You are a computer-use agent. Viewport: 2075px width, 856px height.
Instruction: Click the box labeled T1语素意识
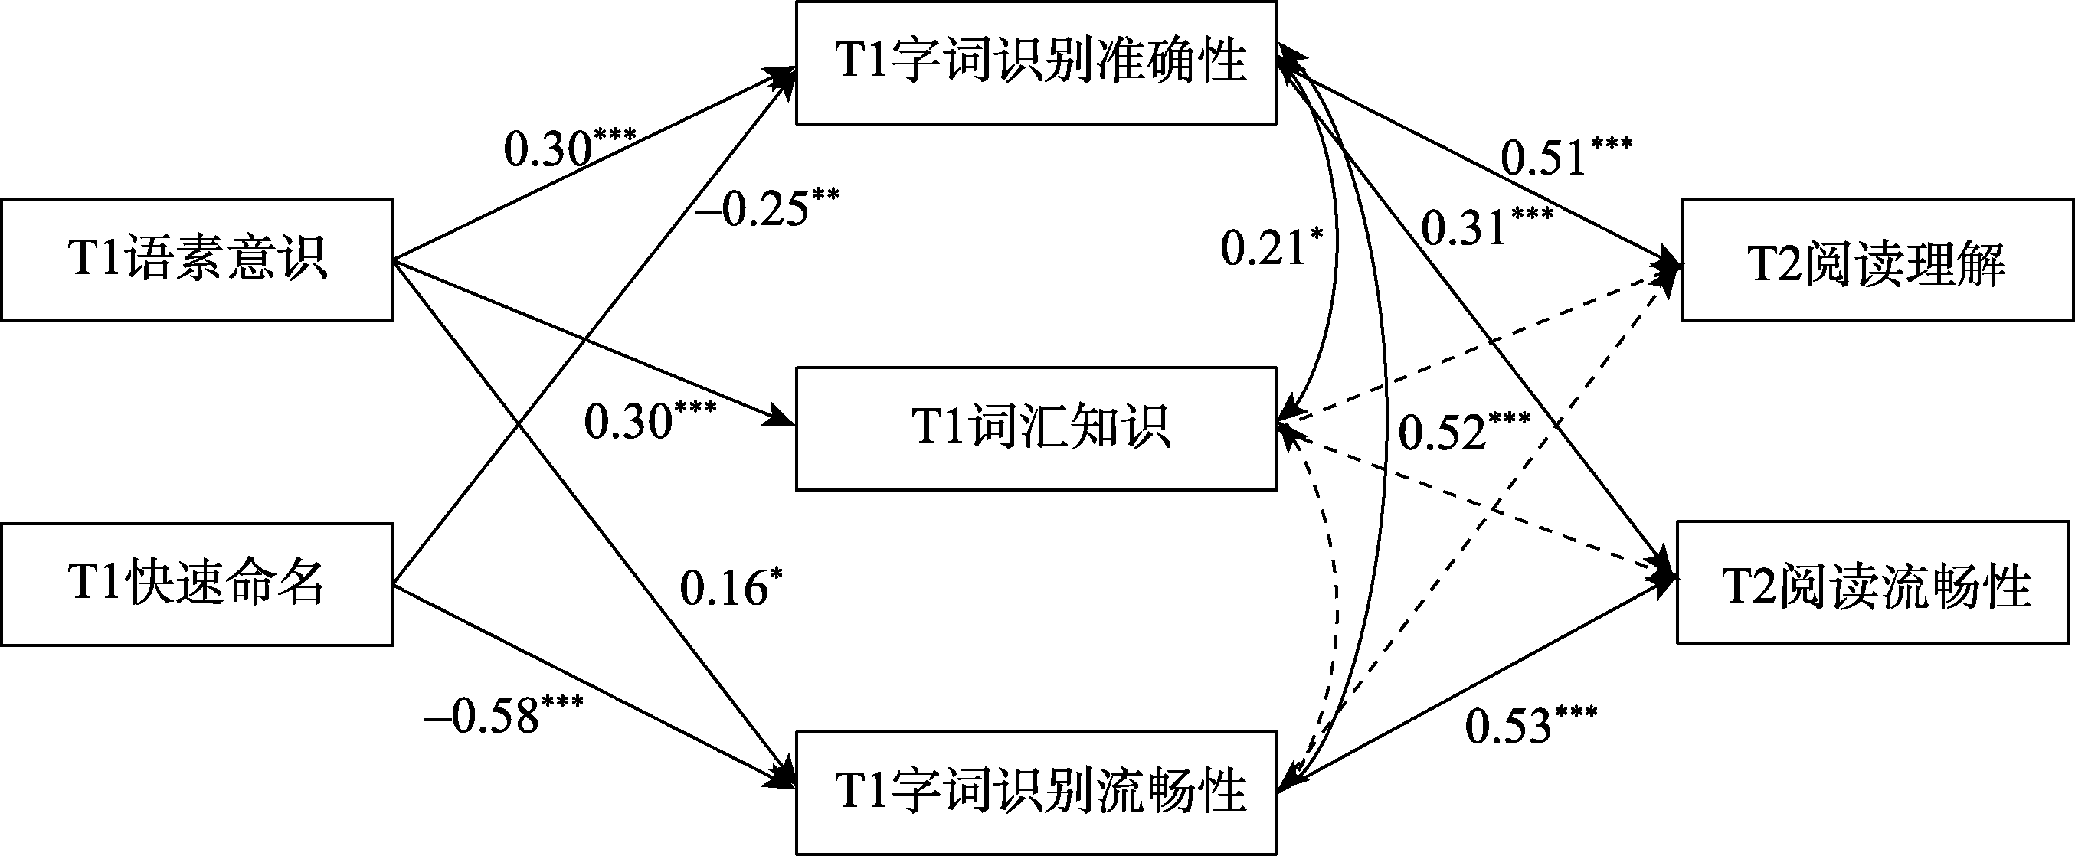(x=197, y=260)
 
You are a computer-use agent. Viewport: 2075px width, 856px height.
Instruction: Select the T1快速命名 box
(x=197, y=584)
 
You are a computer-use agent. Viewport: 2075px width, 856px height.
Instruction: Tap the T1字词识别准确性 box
(x=1036, y=63)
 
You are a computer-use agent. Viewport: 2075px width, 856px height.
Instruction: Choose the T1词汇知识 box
(x=1036, y=429)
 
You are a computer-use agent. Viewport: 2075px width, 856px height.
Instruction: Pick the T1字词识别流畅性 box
(x=1036, y=792)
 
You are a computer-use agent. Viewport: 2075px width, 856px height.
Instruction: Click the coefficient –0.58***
(x=503, y=715)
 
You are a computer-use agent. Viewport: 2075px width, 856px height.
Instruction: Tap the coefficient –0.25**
(x=767, y=207)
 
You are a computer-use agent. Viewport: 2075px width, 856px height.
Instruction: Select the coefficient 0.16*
(x=730, y=588)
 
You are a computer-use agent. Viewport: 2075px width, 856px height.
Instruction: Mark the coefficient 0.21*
(x=1271, y=247)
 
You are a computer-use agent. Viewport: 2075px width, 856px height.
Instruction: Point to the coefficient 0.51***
(x=1565, y=155)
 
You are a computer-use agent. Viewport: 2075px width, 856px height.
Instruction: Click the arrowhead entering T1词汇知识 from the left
(x=783, y=418)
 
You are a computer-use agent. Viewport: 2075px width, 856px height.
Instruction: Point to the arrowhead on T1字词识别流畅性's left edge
(x=783, y=779)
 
